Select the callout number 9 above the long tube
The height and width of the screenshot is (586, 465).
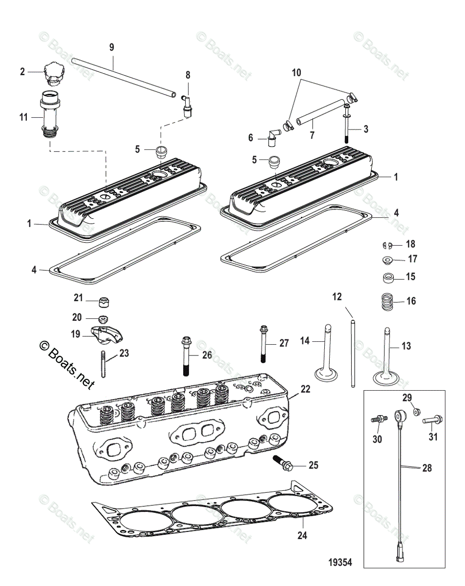click(112, 47)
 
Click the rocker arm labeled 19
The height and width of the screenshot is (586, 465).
click(106, 335)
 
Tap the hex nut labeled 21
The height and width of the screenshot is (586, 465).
click(104, 302)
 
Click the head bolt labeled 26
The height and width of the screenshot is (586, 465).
click(186, 356)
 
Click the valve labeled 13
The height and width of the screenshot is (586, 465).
click(386, 356)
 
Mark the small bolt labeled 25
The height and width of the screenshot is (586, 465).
click(282, 463)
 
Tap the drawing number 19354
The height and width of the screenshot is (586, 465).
click(340, 562)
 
